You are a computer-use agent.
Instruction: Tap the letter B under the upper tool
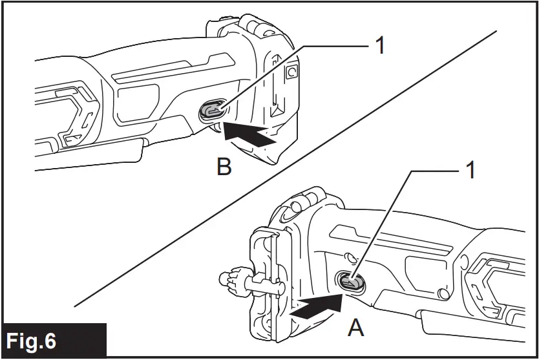224,167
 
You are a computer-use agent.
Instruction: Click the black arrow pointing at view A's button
316,306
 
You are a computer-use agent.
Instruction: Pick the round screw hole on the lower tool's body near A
443,294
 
